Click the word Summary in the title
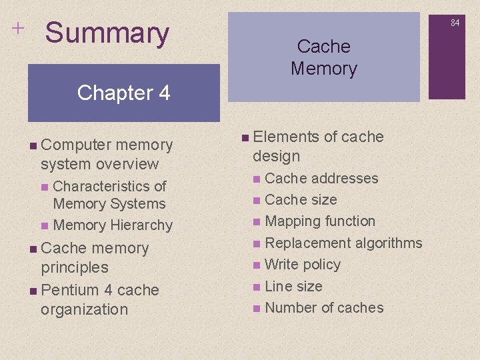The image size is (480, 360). pos(107,33)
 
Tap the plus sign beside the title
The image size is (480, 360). pos(17,27)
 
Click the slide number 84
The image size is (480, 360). pos(455,23)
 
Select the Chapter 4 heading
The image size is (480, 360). pos(123,93)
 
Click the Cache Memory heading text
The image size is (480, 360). pos(324,57)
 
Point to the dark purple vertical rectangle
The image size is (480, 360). pos(456,56)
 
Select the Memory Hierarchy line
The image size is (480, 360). pos(112,225)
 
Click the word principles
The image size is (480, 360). pos(75,267)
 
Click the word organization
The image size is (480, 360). pos(84,309)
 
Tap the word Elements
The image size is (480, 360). pos(287,137)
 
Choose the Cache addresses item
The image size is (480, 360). pos(321,179)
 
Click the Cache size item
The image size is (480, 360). pos(301,200)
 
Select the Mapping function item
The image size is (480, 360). pos(320,221)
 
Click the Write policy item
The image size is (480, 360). pos(303,265)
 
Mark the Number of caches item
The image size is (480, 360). pos(324,308)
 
